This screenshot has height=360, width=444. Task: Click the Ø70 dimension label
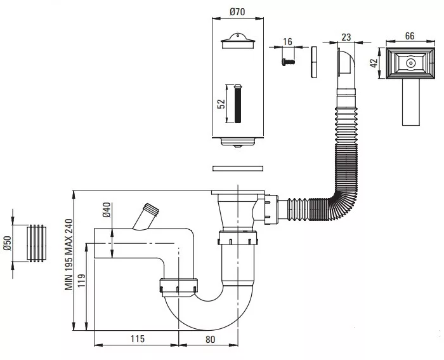point(237,12)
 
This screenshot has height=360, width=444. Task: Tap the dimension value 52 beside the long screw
point(221,103)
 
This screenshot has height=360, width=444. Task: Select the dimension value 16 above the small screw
point(287,42)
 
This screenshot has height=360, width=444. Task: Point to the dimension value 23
point(346,37)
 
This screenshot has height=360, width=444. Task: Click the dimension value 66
point(410,36)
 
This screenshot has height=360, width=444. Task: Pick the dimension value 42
point(374,63)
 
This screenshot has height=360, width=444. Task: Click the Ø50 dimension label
point(8,243)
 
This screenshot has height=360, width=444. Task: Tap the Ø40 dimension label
point(107,210)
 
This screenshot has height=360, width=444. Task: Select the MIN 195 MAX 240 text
point(69,255)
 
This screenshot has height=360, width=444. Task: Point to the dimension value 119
point(82,281)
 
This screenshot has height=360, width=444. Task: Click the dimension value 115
point(138,339)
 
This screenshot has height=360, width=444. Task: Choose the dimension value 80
point(210,339)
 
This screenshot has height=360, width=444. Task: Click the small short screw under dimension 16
point(288,61)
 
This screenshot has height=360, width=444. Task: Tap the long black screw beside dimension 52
point(238,103)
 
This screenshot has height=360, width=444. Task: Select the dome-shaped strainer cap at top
point(238,41)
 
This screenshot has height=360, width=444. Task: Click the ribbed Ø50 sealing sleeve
point(36,243)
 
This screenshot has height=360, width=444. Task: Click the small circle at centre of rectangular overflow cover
point(410,63)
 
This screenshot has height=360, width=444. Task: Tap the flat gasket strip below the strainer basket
point(238,169)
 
